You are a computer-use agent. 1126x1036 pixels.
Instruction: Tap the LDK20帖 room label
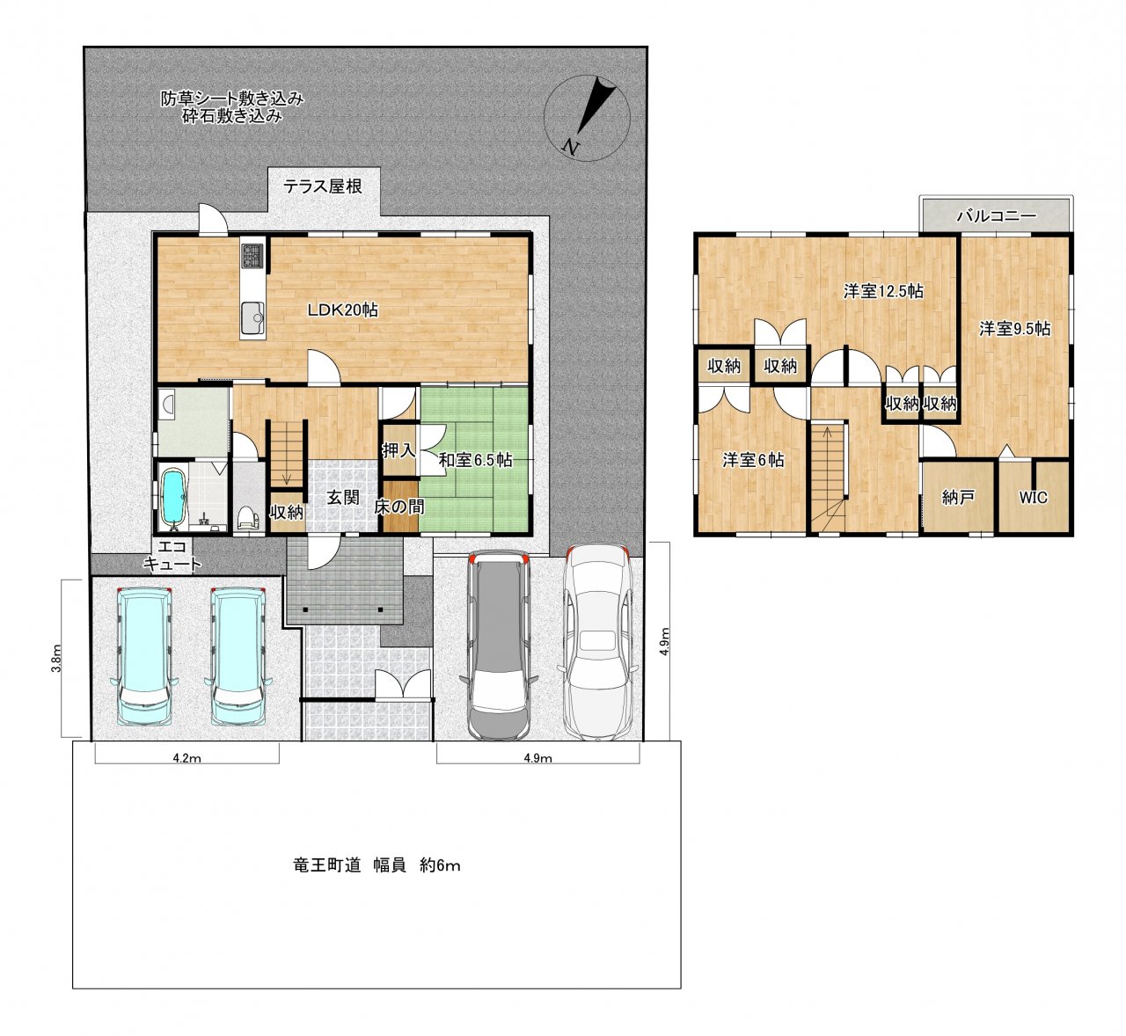tap(342, 310)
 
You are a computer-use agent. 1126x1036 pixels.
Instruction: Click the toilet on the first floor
tap(247, 518)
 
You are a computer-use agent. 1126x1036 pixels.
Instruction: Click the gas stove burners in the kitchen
tap(252, 255)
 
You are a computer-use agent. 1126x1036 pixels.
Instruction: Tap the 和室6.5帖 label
tap(475, 460)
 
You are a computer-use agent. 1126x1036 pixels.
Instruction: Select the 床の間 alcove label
tap(399, 507)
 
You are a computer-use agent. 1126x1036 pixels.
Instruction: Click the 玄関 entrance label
tap(342, 497)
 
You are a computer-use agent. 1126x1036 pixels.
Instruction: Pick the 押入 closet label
tap(398, 450)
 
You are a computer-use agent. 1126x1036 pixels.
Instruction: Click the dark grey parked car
tap(499, 645)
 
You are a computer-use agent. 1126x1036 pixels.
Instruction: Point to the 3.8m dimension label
tap(56, 659)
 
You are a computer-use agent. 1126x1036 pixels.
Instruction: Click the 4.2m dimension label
tap(186, 758)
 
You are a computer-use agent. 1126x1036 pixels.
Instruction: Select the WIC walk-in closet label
tap(1033, 497)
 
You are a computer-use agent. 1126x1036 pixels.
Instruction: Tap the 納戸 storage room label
tap(958, 497)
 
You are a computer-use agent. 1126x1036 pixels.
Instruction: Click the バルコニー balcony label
tap(997, 215)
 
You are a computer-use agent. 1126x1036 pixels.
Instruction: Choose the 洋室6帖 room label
tap(753, 460)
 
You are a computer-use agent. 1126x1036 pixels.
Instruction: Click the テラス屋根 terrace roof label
tap(323, 186)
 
